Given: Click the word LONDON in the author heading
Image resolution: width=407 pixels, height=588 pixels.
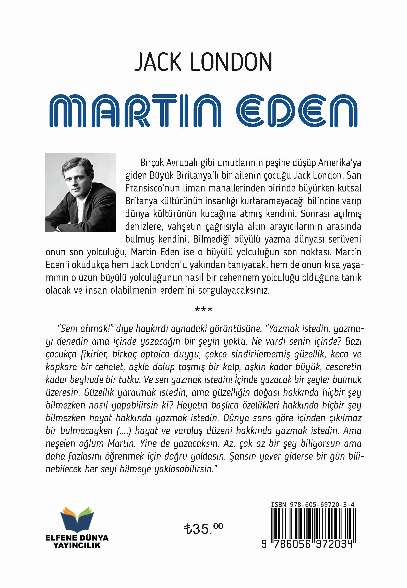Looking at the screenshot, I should [x=231, y=62].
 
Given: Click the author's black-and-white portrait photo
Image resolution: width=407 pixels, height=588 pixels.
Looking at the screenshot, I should [x=80, y=193].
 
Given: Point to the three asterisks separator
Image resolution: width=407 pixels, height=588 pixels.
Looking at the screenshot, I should [x=203, y=310].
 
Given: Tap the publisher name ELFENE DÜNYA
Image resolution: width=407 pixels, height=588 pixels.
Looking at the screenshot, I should [x=77, y=538].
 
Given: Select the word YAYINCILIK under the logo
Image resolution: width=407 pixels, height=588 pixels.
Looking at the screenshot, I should [x=77, y=545].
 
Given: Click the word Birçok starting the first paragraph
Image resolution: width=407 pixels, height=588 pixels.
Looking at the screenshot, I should [x=152, y=163].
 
